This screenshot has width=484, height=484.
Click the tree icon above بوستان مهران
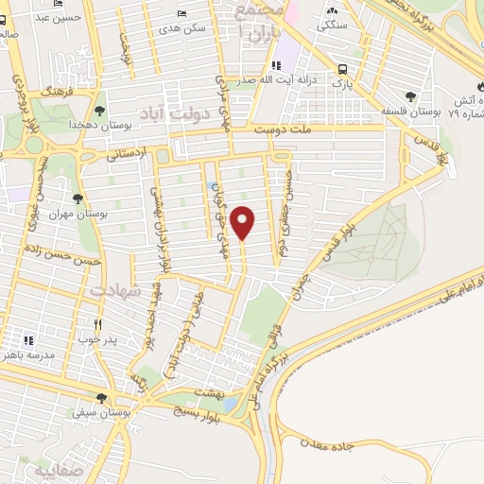pyautogui.click(x=78, y=199)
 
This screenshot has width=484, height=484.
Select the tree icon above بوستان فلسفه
pyautogui.click(x=409, y=95)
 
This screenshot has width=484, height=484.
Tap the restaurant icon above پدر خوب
pyautogui.click(x=95, y=324)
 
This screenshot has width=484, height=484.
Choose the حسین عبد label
pyautogui.click(x=46, y=16)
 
